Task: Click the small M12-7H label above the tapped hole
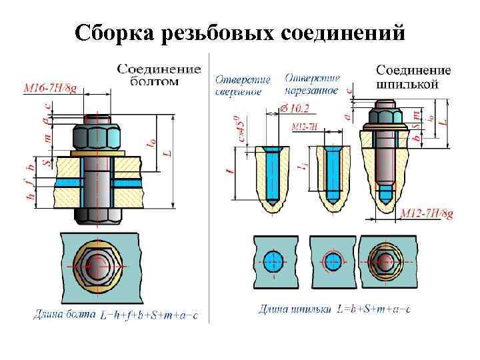(302, 126)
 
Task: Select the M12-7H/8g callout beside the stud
(427, 213)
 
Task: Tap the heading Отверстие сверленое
(242, 85)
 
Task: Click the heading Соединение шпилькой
(413, 77)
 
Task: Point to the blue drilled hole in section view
(273, 175)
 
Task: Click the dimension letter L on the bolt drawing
(168, 153)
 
